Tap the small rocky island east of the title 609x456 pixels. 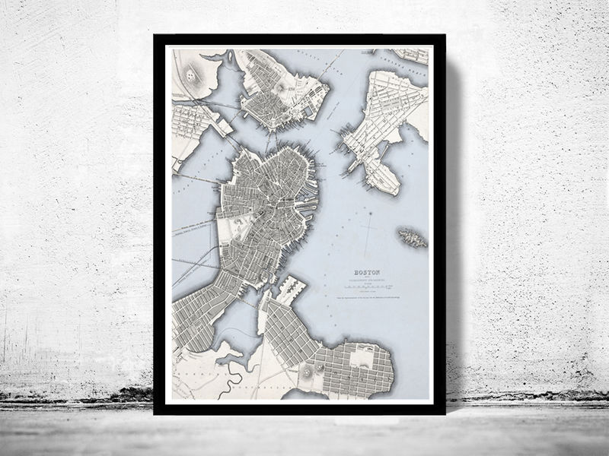click(x=412, y=238)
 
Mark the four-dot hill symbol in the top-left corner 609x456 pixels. click(x=190, y=74)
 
